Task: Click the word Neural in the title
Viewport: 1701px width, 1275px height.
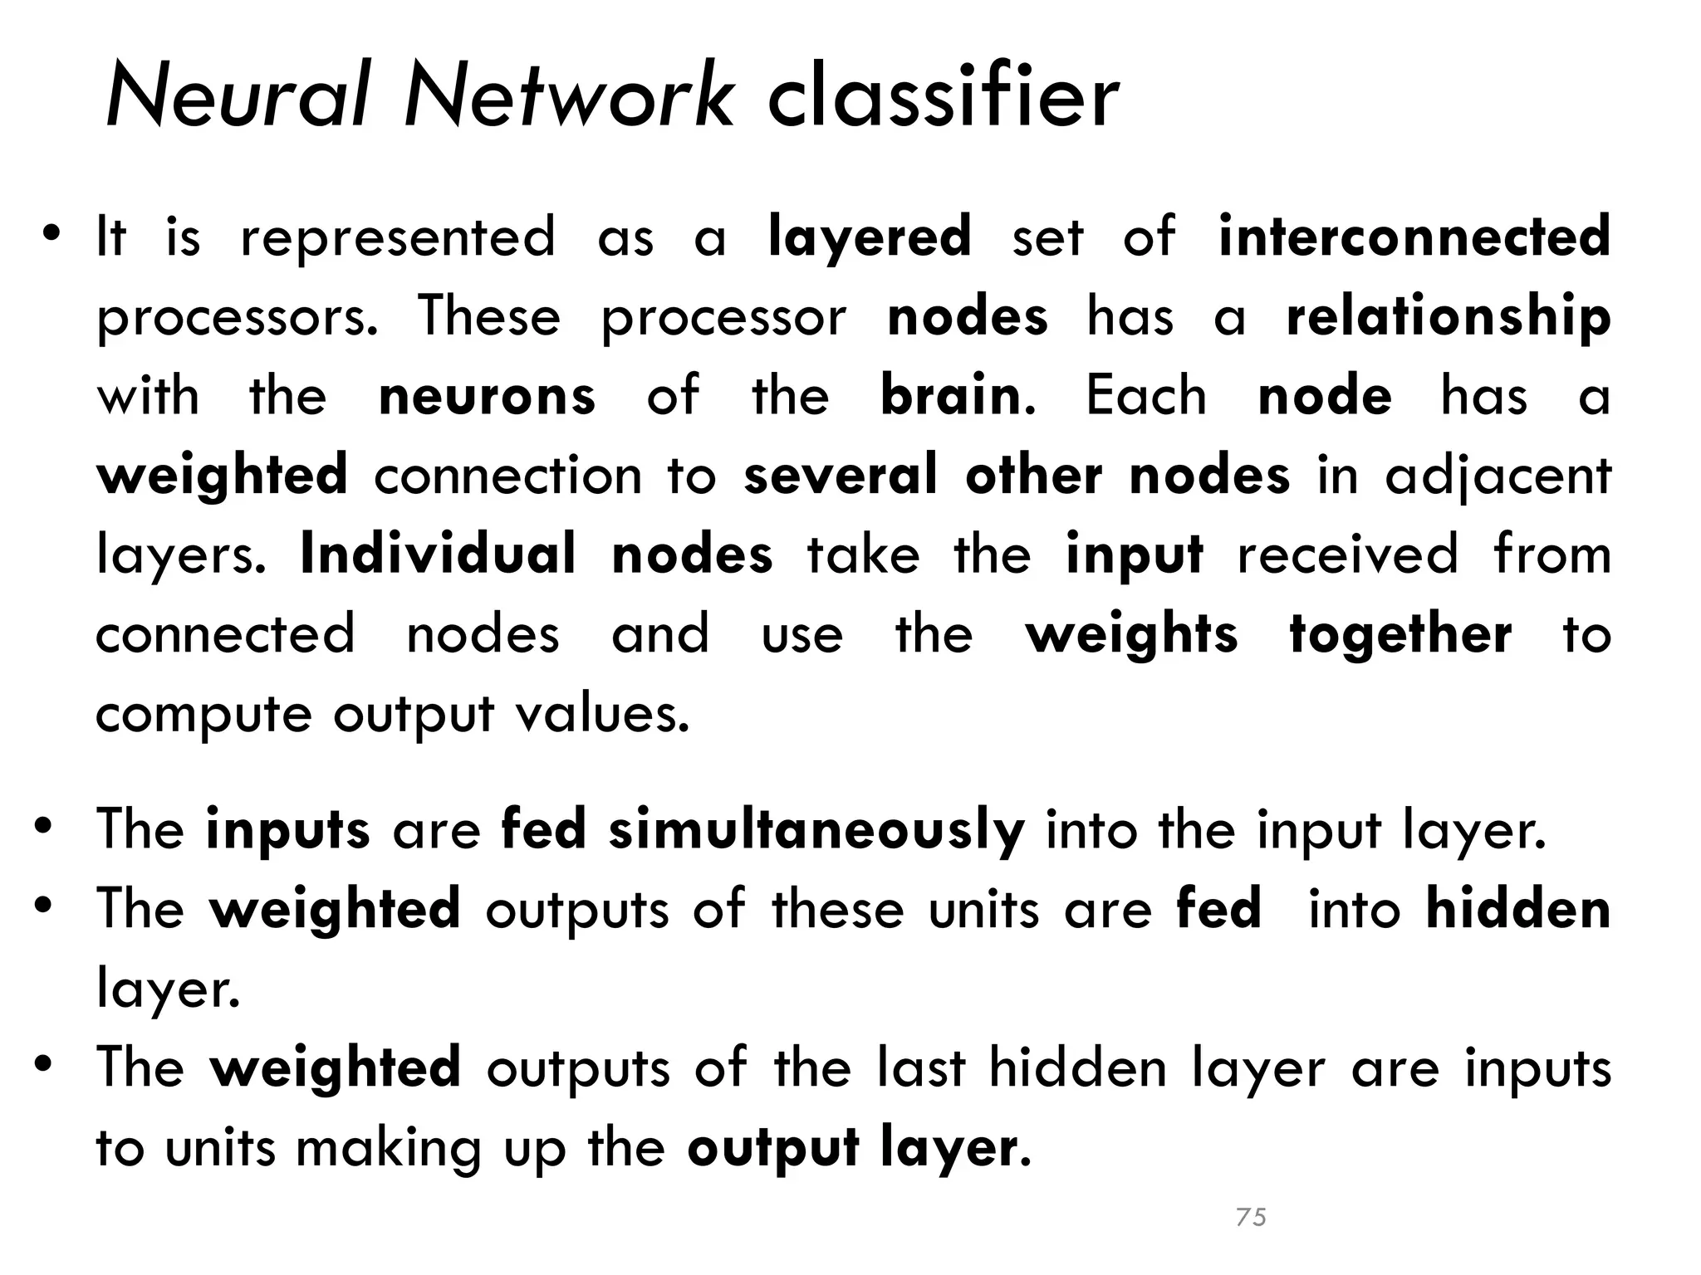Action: [x=236, y=98]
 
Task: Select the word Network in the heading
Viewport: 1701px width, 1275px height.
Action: [x=569, y=98]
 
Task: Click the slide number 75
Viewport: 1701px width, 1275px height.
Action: [x=1251, y=1217]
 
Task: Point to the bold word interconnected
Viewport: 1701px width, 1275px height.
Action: [x=1414, y=237]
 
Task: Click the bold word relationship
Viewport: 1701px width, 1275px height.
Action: [x=1448, y=318]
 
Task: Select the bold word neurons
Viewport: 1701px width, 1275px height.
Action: [x=487, y=396]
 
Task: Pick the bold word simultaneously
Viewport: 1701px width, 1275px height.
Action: [x=816, y=830]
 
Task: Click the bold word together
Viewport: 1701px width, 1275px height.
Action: [x=1400, y=636]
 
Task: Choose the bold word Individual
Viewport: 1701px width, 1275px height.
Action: [x=438, y=554]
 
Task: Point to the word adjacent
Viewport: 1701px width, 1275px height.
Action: [x=1498, y=476]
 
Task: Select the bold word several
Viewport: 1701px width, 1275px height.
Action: [x=841, y=476]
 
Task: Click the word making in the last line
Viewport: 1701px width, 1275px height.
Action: [x=389, y=1149]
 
